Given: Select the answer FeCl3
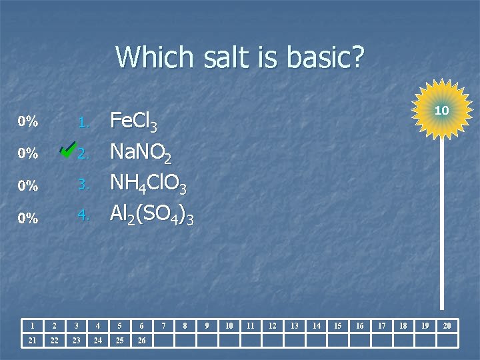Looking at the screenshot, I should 133,122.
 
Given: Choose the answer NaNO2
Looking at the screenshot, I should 141,154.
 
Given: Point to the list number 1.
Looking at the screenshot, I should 83,123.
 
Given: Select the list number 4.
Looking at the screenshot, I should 83,215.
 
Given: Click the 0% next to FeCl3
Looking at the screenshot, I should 28,122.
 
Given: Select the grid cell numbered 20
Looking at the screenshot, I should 447,325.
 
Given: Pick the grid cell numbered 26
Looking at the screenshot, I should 141,341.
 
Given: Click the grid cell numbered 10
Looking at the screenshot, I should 229,325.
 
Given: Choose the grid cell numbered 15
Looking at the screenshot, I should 338,325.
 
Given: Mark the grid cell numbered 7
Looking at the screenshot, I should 163,325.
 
